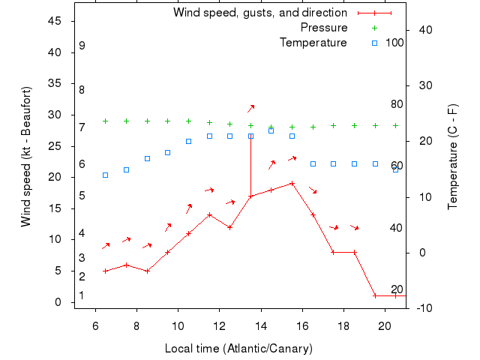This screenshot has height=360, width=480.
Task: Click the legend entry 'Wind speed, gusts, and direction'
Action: (x=259, y=13)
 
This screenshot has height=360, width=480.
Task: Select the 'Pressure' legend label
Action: (x=324, y=28)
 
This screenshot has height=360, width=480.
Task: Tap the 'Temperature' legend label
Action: (x=313, y=43)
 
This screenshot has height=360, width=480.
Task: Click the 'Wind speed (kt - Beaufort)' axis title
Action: (x=26, y=157)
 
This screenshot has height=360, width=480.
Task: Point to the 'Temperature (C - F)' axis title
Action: (x=452, y=157)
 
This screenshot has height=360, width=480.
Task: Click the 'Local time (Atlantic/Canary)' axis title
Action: (x=238, y=349)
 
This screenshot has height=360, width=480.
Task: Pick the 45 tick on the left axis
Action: (x=55, y=21)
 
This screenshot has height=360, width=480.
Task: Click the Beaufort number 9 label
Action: (x=82, y=46)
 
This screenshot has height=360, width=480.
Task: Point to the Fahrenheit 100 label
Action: (x=394, y=43)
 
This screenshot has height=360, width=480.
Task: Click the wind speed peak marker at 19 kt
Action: (x=292, y=183)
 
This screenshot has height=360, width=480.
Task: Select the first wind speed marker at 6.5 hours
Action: (x=105, y=271)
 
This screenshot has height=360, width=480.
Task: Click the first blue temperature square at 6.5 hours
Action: (x=105, y=175)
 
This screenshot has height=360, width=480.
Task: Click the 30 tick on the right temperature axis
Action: (x=421, y=85)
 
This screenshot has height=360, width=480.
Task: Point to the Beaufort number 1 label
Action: (x=82, y=295)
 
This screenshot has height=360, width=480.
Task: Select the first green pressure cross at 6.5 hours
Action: (x=105, y=121)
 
